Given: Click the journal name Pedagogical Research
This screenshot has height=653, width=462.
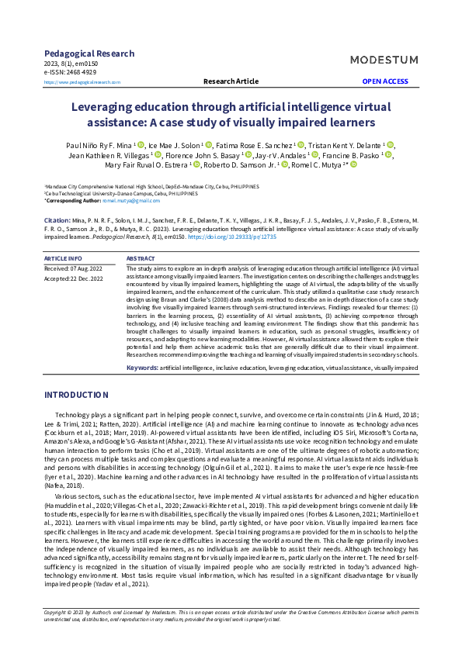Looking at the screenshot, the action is click(x=89, y=54).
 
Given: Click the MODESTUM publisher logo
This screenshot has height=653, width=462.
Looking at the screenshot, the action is click(x=384, y=60).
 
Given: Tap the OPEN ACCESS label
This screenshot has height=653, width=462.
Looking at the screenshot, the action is click(x=384, y=81).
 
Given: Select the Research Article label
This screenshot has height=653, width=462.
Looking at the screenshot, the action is click(x=231, y=81).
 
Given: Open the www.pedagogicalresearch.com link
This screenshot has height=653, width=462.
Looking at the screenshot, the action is click(x=82, y=81).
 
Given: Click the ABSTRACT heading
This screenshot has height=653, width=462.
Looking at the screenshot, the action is click(x=141, y=257).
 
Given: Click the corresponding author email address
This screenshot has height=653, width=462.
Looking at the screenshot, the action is click(x=131, y=201).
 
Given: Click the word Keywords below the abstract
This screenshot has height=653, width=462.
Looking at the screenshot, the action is click(x=142, y=368).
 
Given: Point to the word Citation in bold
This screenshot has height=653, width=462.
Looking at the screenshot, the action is click(x=57, y=221).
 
